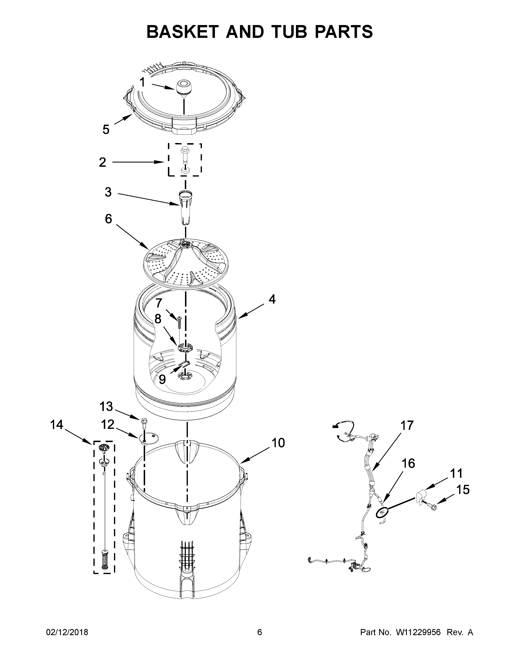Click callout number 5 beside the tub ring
point(106,130)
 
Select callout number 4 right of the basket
point(272,299)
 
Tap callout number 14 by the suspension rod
point(57,425)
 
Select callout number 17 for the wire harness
point(407,426)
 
